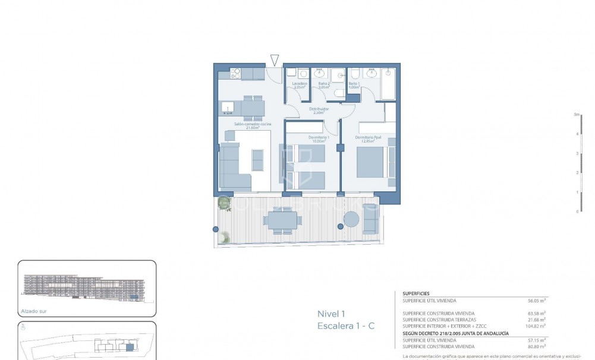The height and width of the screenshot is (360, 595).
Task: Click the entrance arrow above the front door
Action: point(274,59)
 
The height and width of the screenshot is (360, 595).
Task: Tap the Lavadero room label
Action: point(299,85)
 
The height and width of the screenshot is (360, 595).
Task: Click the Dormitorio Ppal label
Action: point(368,138)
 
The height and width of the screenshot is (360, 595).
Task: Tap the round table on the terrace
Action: point(351,220)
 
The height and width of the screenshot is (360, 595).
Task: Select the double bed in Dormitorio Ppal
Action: point(373,162)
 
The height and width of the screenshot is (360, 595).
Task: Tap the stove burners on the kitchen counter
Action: point(235,74)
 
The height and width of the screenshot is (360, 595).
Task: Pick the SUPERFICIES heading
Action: point(416,293)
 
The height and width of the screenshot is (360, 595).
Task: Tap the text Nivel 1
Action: point(332,314)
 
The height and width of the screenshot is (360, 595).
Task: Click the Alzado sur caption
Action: point(33,311)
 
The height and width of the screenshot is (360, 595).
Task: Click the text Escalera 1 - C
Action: point(346,326)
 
